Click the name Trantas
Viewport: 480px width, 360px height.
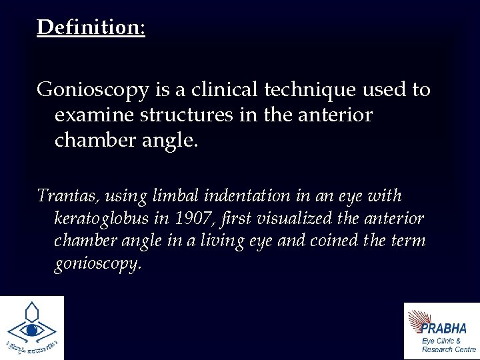coord(65,196)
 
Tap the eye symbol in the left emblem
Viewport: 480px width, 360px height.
coord(31,330)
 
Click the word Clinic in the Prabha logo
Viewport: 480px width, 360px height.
coord(449,340)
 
